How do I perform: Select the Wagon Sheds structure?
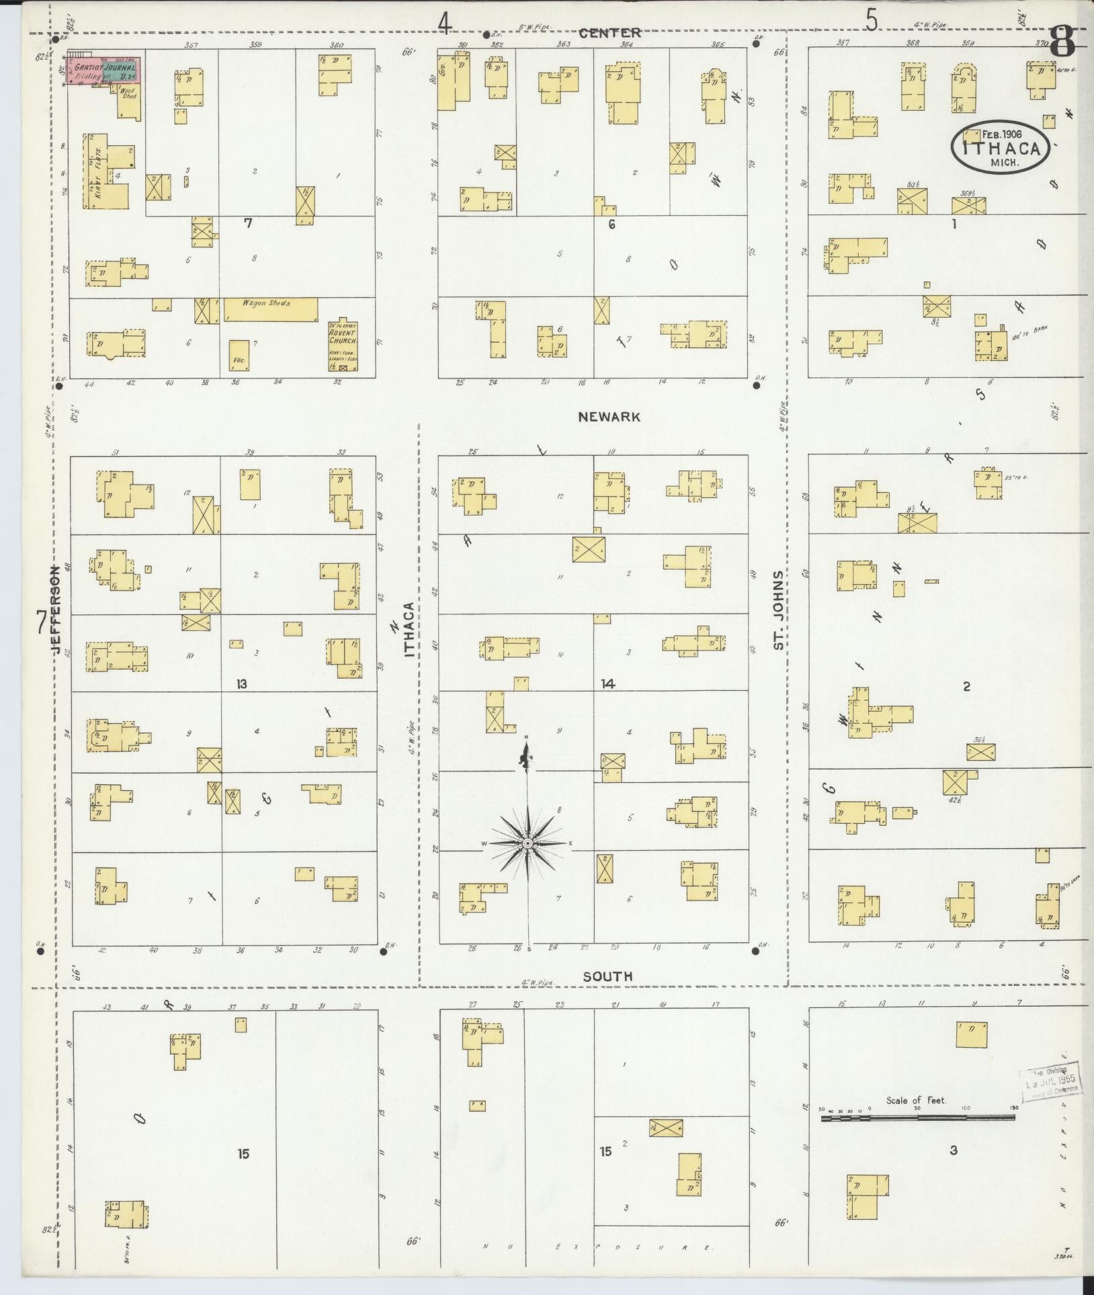pyautogui.click(x=270, y=309)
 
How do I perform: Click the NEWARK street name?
pyautogui.click(x=609, y=417)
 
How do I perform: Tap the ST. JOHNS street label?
pyautogui.click(x=778, y=610)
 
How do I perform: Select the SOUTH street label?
pyautogui.click(x=607, y=976)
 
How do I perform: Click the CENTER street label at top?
pyautogui.click(x=609, y=32)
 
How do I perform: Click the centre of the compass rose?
pyautogui.click(x=528, y=842)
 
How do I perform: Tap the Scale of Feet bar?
pyautogui.click(x=917, y=1118)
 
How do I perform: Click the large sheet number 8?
pyautogui.click(x=1062, y=42)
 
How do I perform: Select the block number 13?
pyautogui.click(x=242, y=684)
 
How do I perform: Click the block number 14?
pyautogui.click(x=608, y=684)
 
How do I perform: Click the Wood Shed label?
pyautogui.click(x=129, y=93)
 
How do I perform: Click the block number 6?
pyautogui.click(x=612, y=224)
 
